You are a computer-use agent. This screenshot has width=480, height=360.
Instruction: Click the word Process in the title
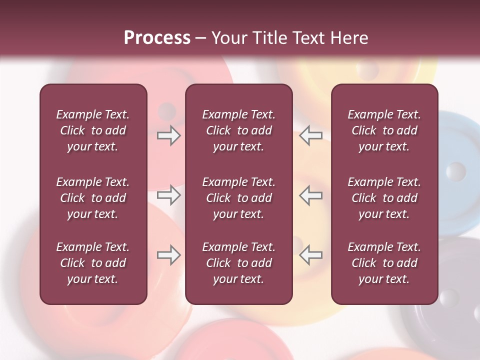157,38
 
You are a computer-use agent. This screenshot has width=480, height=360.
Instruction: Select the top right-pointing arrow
169,135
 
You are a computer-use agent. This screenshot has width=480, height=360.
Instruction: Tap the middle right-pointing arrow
169,195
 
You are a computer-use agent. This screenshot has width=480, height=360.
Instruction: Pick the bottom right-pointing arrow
169,255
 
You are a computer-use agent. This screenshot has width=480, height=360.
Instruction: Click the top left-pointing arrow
310,135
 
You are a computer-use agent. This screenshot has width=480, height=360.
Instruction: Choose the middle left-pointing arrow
310,195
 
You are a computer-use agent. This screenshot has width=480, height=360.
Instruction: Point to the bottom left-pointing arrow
310,255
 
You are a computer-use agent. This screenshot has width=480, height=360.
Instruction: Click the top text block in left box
93,130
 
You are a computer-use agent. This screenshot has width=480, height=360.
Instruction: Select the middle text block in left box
93,198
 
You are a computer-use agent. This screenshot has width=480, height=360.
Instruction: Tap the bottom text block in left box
93,263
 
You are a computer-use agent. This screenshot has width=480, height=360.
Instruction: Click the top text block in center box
238,130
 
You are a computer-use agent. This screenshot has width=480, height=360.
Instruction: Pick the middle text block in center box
238,198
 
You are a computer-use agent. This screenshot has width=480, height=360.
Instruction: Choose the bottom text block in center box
238,263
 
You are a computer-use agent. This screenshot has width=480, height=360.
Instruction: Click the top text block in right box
384,130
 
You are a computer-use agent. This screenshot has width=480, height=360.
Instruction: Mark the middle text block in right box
384,198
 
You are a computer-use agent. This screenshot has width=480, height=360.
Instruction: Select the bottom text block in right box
384,263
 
